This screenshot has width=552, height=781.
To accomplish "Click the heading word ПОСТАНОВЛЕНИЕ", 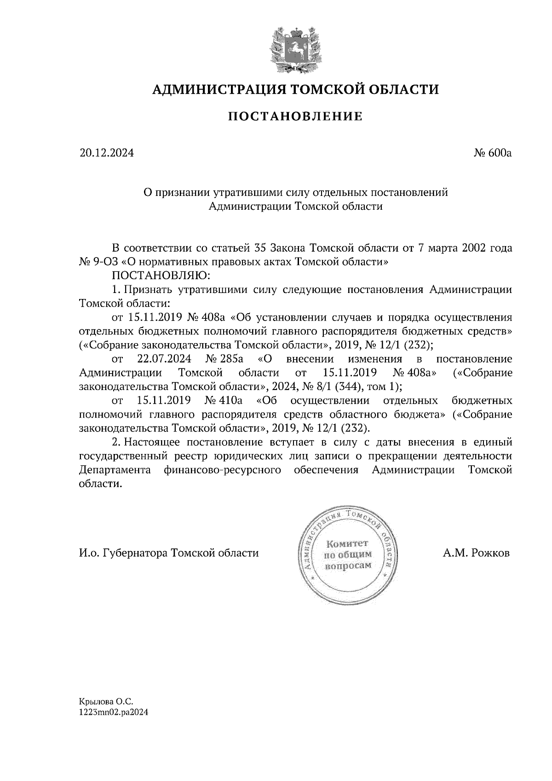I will [x=295, y=117].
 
